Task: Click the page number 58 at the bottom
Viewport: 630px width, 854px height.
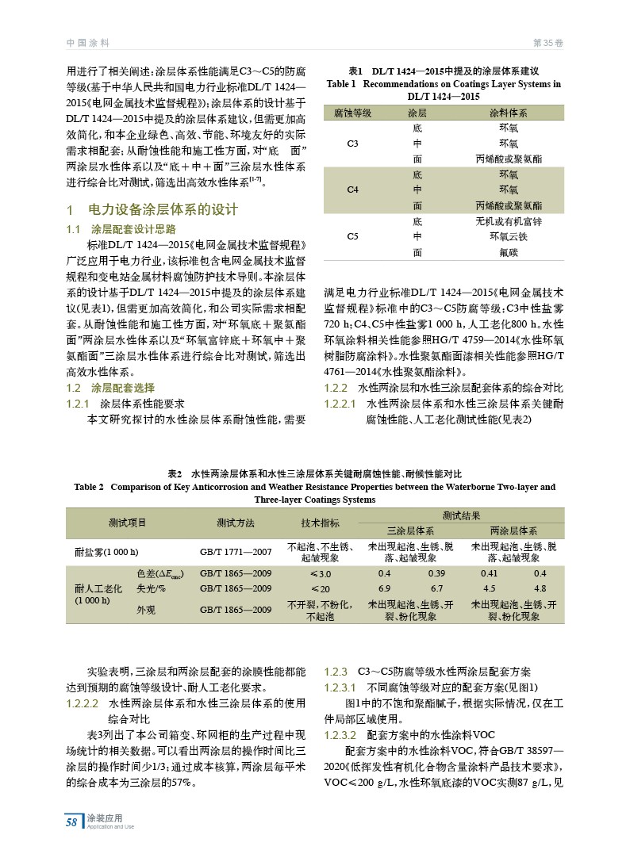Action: [x=71, y=822]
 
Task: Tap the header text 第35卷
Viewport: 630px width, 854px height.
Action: [x=548, y=41]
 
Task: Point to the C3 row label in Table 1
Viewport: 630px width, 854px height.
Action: [x=353, y=144]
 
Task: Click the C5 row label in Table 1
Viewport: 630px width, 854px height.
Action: [x=353, y=236]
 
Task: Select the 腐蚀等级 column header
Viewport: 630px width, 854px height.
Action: [x=353, y=113]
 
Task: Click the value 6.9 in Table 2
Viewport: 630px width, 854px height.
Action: [x=385, y=588]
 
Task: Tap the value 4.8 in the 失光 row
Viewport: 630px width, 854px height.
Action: [x=540, y=588]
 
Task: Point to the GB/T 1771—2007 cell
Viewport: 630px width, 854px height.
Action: [x=236, y=551]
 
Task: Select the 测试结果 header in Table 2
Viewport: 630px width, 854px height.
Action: [x=461, y=515]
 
